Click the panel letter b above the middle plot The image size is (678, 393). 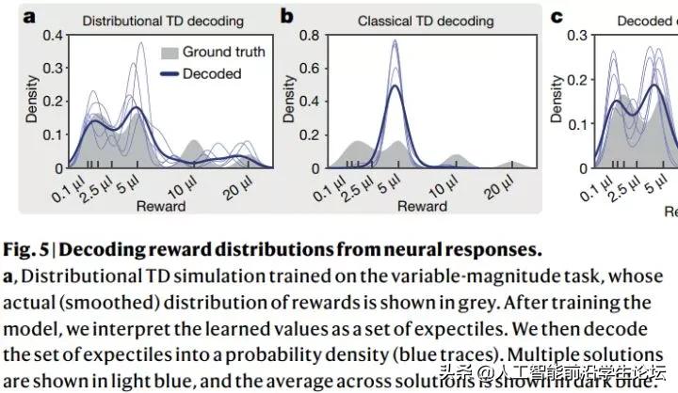pos(286,16)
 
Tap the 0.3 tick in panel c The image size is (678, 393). pos(580,34)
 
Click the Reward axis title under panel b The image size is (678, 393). pos(420,205)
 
